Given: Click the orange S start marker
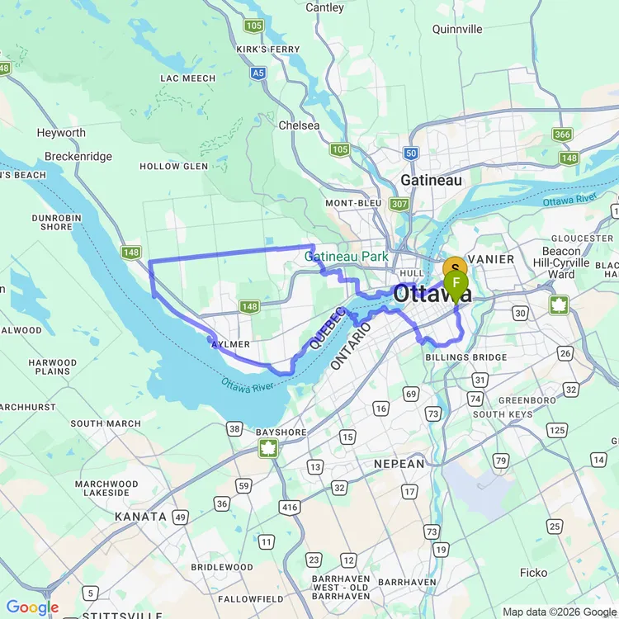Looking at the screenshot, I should pyautogui.click(x=455, y=269).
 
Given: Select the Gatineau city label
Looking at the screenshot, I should pyautogui.click(x=430, y=179).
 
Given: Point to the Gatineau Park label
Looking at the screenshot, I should pyautogui.click(x=347, y=257).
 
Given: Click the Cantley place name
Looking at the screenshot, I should pyautogui.click(x=324, y=7).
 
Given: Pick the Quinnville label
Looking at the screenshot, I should pyautogui.click(x=457, y=29).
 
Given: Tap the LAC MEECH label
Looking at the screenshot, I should pyautogui.click(x=188, y=78).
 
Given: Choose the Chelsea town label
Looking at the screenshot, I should pyautogui.click(x=300, y=125).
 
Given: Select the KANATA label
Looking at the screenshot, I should pyautogui.click(x=140, y=517).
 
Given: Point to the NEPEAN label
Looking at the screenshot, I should pyautogui.click(x=399, y=465).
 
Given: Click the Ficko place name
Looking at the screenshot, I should pyautogui.click(x=533, y=572).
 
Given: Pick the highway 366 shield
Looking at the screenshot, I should pyautogui.click(x=563, y=135).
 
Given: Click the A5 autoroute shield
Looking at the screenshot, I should pyautogui.click(x=259, y=73).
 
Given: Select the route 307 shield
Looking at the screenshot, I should pyautogui.click(x=399, y=204).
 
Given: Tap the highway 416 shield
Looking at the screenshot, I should pyautogui.click(x=289, y=507).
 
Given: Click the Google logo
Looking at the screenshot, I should pyautogui.click(x=33, y=608).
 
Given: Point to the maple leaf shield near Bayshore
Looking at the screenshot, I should pyautogui.click(x=268, y=448).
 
